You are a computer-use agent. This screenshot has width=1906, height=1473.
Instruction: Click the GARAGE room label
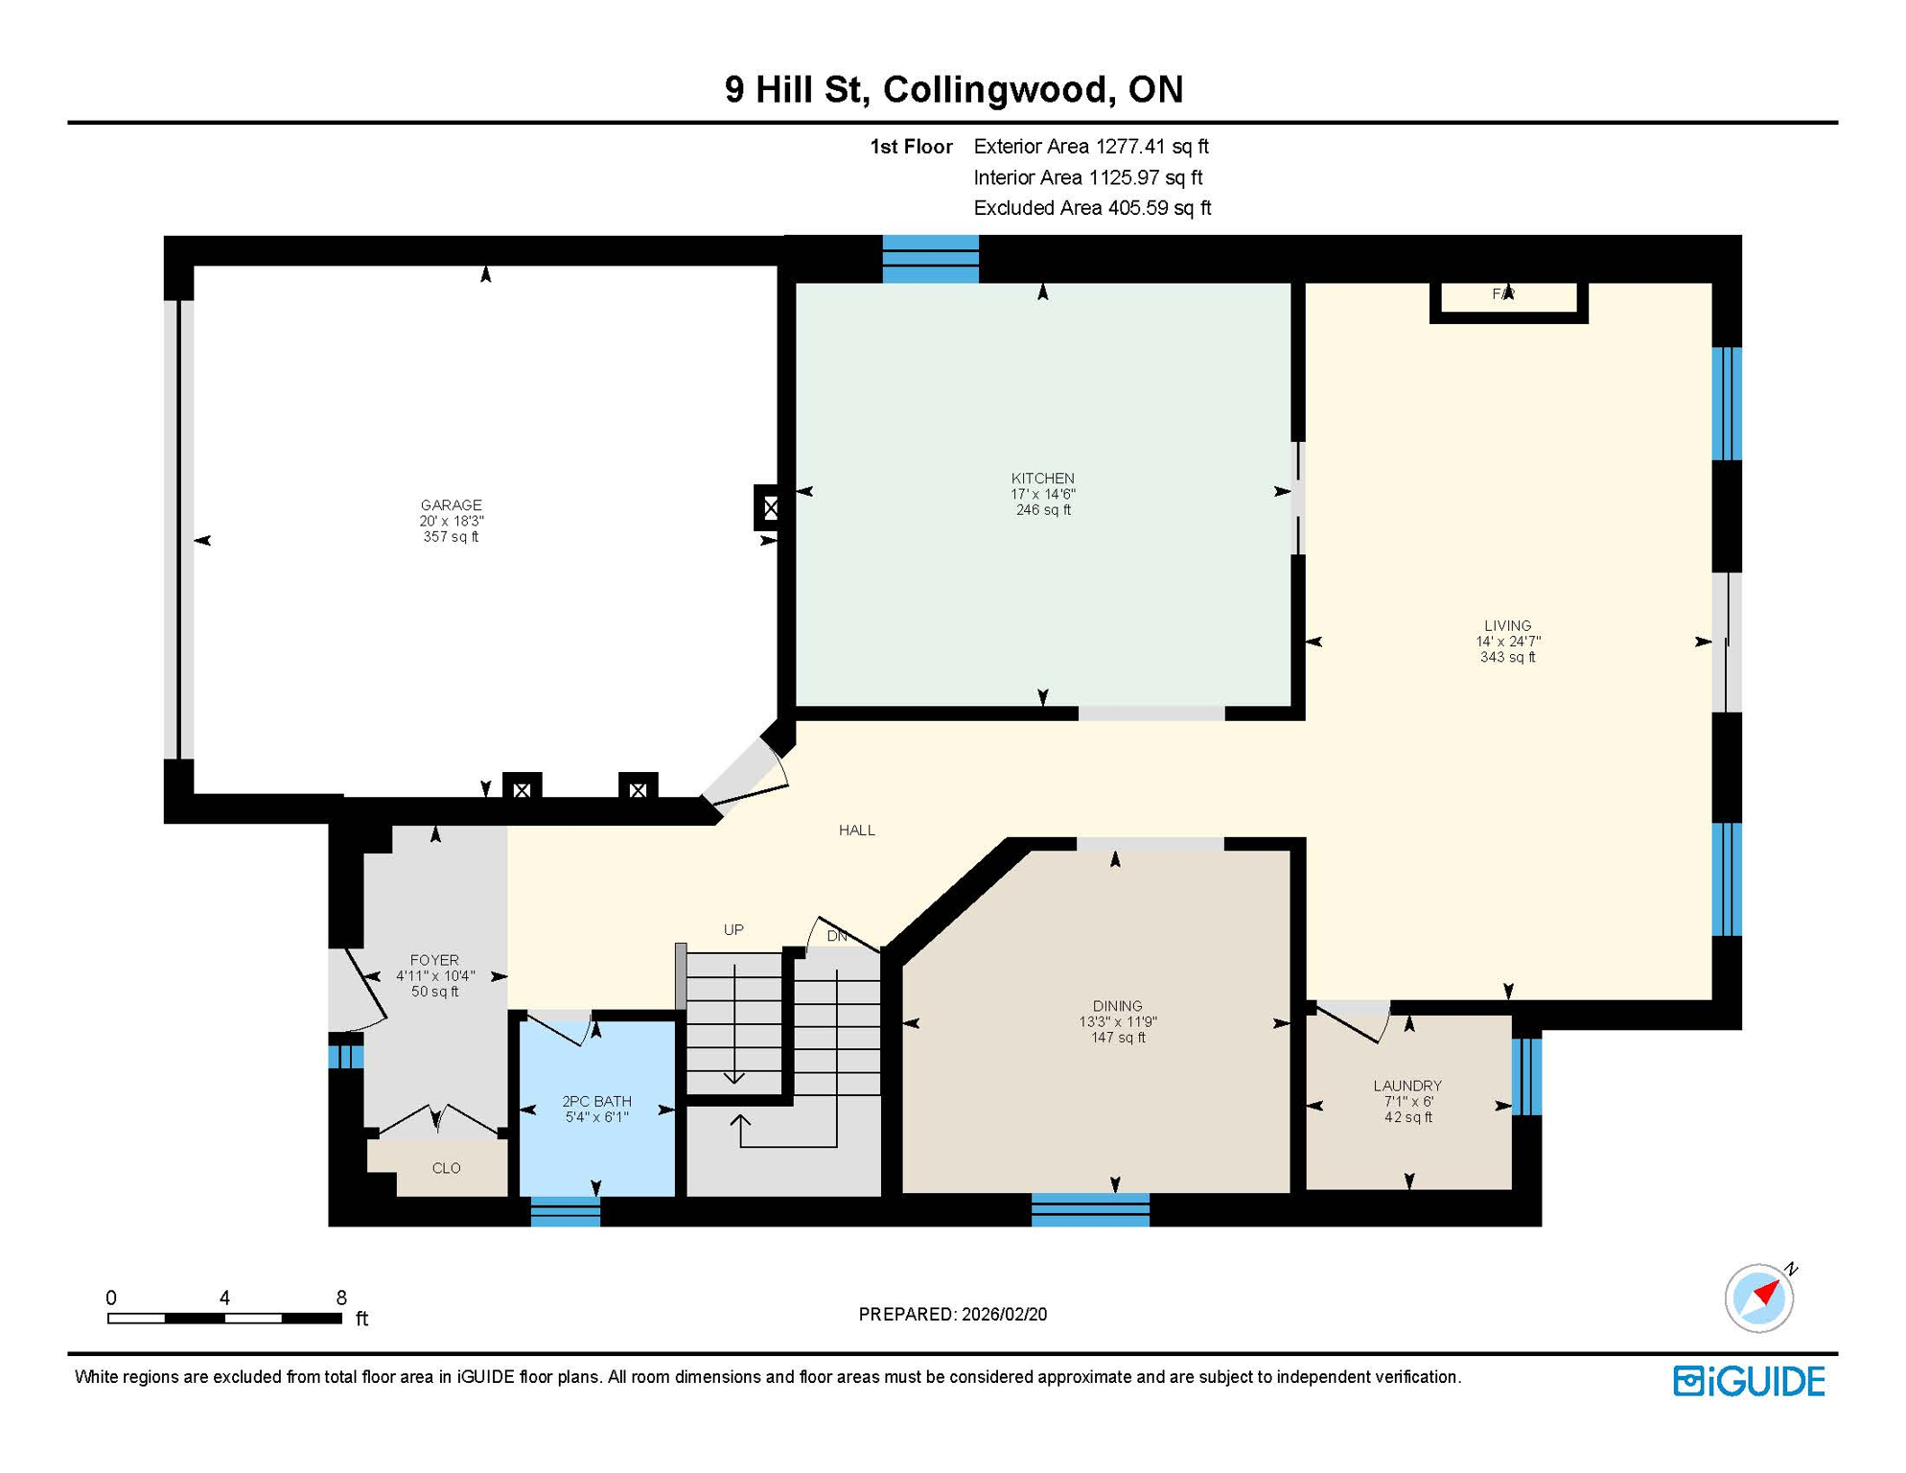pos(451,504)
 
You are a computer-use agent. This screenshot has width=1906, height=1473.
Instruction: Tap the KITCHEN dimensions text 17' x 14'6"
pos(1043,494)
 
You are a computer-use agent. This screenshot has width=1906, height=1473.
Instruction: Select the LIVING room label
pos(1507,625)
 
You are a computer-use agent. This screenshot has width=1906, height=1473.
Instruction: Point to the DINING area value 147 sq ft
pos(1117,1038)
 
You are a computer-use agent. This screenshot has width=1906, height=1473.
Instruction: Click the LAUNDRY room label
pos(1406,1086)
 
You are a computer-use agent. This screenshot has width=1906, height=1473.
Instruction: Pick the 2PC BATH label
pos(596,1101)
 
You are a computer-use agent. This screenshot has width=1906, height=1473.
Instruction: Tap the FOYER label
pos(434,960)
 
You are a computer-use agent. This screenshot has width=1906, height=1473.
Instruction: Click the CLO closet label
pos(446,1168)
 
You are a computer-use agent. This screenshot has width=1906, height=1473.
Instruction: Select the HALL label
pos(856,830)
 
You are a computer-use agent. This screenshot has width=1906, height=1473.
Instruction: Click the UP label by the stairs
pos(733,929)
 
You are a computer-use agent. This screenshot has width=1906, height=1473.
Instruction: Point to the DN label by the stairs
pos(837,936)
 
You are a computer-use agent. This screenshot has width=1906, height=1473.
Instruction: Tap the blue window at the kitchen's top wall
pos(930,259)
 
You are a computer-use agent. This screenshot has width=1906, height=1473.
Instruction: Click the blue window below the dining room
pos(1090,1210)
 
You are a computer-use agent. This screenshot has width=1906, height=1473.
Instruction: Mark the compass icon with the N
pos(1759,1298)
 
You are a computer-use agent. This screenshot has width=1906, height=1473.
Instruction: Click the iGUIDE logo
pos(1749,1381)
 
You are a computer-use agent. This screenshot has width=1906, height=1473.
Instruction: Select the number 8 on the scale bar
pos(341,1298)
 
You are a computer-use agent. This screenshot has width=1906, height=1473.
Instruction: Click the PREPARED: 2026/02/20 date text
pos(952,1314)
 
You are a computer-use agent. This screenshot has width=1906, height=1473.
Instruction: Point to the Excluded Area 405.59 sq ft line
pos(1091,208)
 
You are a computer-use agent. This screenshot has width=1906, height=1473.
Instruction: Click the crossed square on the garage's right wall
pos(770,508)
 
